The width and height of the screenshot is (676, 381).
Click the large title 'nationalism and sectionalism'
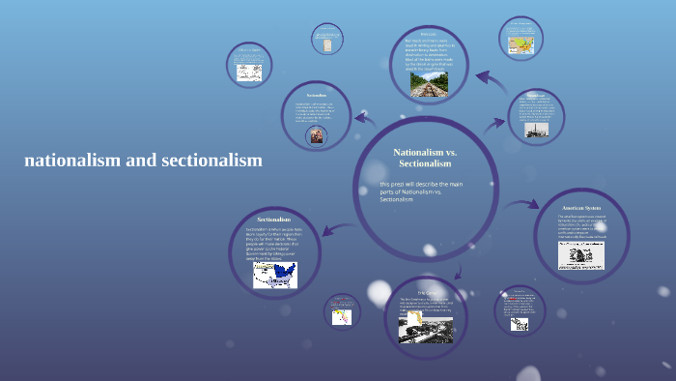[144, 161]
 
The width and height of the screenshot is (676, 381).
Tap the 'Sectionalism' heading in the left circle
[274, 220]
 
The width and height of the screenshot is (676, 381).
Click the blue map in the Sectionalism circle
[275, 275]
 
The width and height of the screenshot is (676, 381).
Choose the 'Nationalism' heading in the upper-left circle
[317, 96]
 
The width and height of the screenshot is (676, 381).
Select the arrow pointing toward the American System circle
[524, 205]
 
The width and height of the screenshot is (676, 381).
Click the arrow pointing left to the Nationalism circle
[365, 120]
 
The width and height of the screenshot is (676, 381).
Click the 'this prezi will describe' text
[423, 191]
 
